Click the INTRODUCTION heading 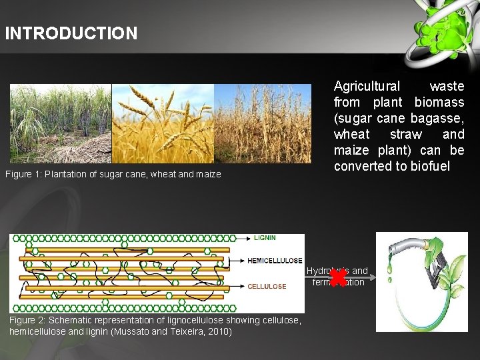[x=71, y=33]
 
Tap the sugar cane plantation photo [x=60, y=123]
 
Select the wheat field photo [x=163, y=123]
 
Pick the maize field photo [x=263, y=123]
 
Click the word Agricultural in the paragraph [x=367, y=86]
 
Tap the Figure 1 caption [x=113, y=175]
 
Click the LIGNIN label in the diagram [x=265, y=238]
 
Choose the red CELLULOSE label [x=267, y=287]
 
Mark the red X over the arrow [x=337, y=274]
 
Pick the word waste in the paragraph [x=447, y=86]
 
